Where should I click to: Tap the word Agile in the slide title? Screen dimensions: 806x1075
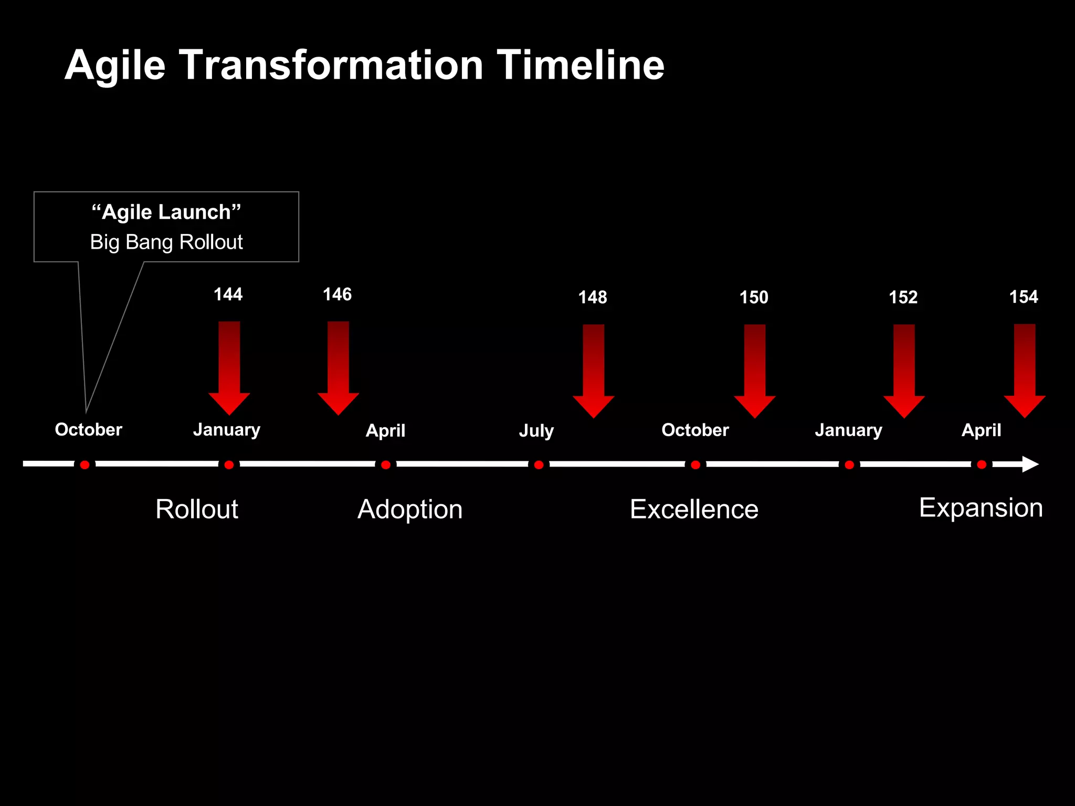point(115,66)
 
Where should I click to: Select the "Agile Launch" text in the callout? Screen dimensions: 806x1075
point(166,212)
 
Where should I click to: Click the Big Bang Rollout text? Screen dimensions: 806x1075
point(166,242)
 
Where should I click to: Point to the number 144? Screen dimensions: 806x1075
point(228,294)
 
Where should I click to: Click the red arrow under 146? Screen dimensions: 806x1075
point(338,367)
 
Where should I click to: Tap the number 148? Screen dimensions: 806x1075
point(592,298)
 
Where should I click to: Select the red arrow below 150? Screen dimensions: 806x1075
point(754,370)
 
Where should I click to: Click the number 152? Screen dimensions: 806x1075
point(903,298)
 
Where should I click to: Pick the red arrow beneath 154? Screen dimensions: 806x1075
point(1024,370)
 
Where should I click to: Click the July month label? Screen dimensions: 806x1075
point(536,431)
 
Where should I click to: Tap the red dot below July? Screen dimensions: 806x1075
point(539,465)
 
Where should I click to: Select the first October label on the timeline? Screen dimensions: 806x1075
point(88,430)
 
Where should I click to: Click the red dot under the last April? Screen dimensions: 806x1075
point(982,465)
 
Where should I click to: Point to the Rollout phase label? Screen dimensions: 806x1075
point(197,509)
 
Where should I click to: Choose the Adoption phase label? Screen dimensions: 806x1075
point(410,509)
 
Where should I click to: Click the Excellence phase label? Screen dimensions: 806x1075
point(694,509)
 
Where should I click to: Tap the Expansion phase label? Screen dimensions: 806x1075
point(981,507)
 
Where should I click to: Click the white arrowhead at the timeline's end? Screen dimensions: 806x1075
point(1029,464)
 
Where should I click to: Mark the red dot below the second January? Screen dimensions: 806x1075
point(849,465)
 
